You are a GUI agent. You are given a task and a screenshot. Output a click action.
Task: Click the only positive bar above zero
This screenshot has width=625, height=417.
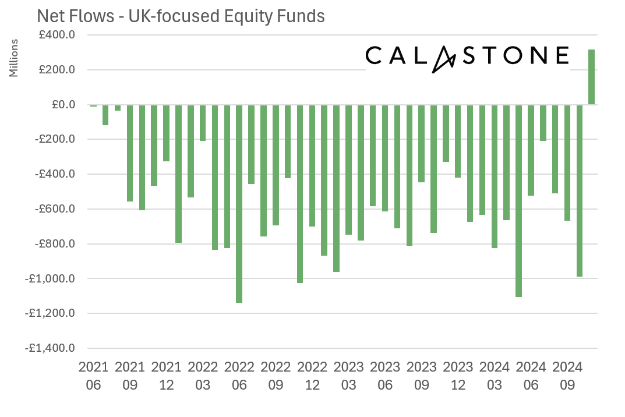[591, 77]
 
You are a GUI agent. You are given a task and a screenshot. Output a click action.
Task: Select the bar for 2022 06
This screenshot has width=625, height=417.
[239, 203]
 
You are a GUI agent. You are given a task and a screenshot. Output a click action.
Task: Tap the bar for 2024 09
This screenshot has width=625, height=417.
[567, 162]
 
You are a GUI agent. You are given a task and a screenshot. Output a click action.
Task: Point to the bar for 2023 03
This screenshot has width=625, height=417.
[348, 169]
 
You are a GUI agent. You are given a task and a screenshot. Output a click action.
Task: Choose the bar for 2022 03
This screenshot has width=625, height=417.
[203, 123]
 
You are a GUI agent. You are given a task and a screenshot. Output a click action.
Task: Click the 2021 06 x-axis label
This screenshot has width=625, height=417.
[93, 376]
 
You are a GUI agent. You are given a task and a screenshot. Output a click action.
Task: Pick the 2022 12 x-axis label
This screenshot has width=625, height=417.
[312, 376]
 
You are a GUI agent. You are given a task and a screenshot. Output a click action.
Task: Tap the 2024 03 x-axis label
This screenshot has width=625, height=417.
[494, 376]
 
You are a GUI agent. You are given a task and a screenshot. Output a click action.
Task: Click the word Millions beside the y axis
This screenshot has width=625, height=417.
[15, 58]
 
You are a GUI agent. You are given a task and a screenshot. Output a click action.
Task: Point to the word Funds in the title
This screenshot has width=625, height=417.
[303, 16]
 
